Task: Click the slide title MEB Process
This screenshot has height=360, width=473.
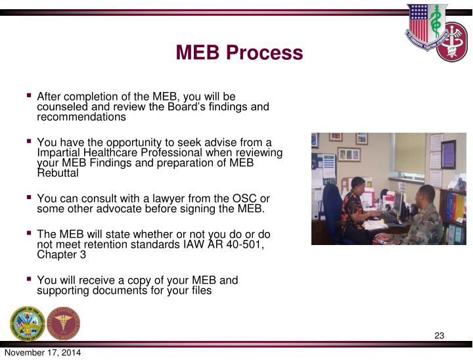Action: tap(239, 53)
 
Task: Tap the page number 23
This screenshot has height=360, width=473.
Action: tap(439, 336)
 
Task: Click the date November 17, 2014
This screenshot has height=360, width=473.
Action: tap(43, 353)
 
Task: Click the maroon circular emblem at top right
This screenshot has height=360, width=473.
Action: tap(453, 41)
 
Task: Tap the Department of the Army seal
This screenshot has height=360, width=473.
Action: tap(28, 323)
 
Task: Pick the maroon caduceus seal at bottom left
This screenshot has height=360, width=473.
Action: tap(64, 323)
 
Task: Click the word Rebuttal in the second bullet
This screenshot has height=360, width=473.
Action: tap(58, 174)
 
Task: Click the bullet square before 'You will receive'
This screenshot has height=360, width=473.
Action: tap(30, 279)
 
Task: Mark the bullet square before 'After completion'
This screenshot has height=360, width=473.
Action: tap(30, 96)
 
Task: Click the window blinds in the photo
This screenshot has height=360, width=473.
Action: tap(410, 153)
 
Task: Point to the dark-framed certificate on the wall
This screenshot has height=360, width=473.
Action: tap(449, 154)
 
